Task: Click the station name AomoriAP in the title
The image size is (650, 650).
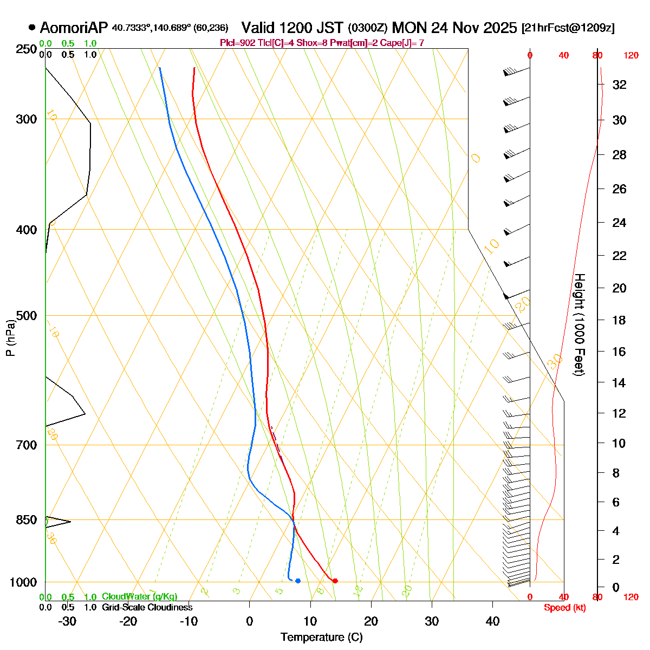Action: [x=74, y=28]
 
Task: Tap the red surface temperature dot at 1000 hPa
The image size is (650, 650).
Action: [x=335, y=581]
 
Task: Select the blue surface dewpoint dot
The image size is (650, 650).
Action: [x=298, y=581]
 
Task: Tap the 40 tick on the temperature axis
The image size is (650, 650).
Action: [x=492, y=621]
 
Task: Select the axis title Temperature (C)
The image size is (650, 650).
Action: [x=322, y=637]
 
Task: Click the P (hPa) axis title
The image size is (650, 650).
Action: [x=10, y=338]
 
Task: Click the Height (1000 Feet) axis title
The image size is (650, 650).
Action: [x=579, y=325]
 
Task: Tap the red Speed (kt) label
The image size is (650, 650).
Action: [x=565, y=608]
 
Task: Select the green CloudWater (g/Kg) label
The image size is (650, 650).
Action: [x=139, y=596]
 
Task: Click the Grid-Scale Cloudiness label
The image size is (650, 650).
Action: [x=147, y=607]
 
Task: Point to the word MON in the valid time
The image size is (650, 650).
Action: [x=409, y=28]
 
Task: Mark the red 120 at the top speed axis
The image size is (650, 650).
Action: [x=630, y=55]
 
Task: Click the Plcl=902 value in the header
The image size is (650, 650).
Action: [x=237, y=43]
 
